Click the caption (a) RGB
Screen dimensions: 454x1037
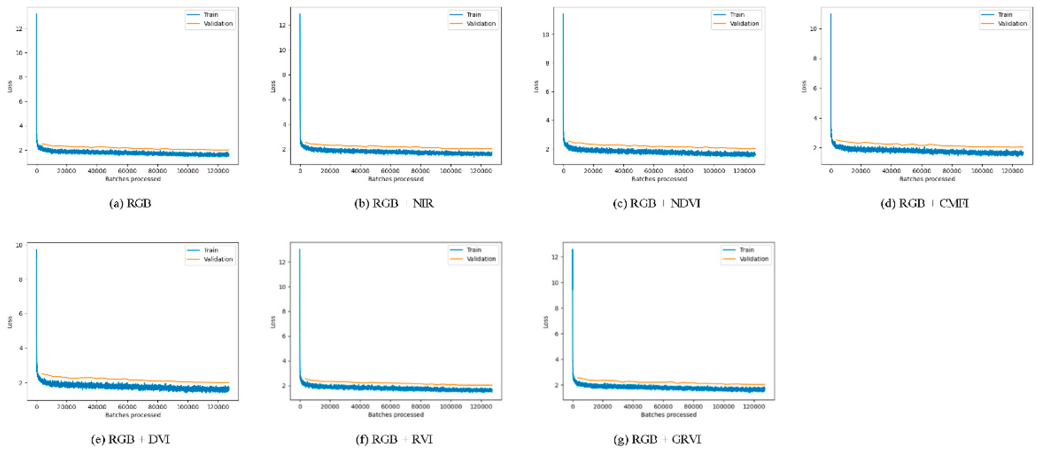click(130, 203)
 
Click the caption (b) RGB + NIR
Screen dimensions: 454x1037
click(394, 203)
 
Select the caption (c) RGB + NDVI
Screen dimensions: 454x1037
click(657, 203)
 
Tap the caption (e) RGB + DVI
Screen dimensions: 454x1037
click(131, 439)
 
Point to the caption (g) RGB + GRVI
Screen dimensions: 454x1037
click(657, 439)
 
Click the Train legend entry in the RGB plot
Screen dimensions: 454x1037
click(210, 15)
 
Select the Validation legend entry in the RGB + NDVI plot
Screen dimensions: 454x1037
click(744, 24)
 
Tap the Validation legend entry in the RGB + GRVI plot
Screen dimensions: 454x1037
click(753, 259)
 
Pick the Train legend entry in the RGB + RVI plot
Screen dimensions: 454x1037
click(474, 250)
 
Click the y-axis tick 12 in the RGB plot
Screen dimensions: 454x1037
click(19, 29)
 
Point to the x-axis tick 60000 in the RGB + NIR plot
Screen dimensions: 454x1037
click(390, 171)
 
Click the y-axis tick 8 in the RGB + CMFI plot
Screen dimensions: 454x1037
click(815, 58)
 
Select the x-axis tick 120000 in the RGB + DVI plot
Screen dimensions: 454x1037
click(218, 407)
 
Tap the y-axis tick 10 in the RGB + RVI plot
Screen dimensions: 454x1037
click(282, 287)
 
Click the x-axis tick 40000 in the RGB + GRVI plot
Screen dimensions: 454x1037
click(633, 407)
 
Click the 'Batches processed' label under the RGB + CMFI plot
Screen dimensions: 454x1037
click(927, 179)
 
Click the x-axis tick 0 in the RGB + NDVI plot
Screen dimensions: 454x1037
click(563, 171)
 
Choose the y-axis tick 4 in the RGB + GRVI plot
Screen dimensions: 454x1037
click(557, 359)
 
